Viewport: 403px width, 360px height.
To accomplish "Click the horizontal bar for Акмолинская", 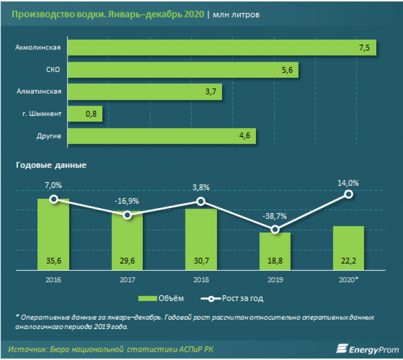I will pyautogui.click(x=223, y=48).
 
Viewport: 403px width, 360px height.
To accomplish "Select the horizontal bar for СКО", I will pyautogui.click(x=184, y=70).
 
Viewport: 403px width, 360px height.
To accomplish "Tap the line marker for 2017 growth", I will pyautogui.click(x=127, y=215).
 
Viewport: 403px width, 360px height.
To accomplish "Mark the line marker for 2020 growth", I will pyautogui.click(x=349, y=194).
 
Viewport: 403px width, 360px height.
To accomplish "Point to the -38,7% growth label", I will pyautogui.click(x=276, y=216).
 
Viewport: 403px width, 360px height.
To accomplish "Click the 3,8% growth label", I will pyautogui.click(x=201, y=187).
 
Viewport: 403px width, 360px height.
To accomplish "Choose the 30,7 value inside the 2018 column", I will pyautogui.click(x=201, y=262).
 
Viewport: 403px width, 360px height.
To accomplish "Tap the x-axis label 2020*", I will pyautogui.click(x=349, y=279).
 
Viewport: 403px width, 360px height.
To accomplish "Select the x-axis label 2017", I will pyautogui.click(x=127, y=279).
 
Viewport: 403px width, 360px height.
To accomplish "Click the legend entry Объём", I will pyautogui.click(x=163, y=298).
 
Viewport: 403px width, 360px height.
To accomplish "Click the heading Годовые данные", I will pyautogui.click(x=51, y=164).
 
